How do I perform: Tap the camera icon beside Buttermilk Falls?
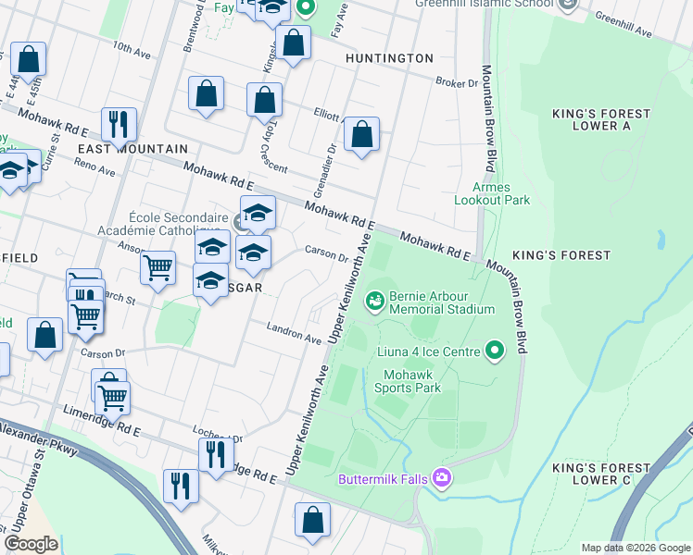click(x=442, y=477)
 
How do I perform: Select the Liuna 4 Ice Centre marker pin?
click(x=495, y=351)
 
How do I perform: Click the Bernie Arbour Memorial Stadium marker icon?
click(x=374, y=299)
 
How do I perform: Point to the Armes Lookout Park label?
click(x=492, y=193)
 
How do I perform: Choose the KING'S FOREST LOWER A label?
click(x=602, y=119)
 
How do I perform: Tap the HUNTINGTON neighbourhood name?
click(x=389, y=58)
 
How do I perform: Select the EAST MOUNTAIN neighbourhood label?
click(x=132, y=148)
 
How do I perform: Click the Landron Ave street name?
click(x=294, y=332)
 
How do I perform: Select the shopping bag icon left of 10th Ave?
click(x=29, y=60)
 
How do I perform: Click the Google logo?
click(x=31, y=544)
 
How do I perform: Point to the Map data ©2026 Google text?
click(x=636, y=548)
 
